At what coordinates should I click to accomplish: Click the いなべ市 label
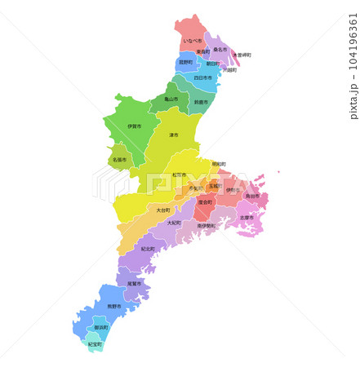pos(192,40)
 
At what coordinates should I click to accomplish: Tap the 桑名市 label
pos(220,49)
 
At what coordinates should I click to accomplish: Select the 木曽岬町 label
pos(242,55)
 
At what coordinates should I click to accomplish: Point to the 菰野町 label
pos(186,62)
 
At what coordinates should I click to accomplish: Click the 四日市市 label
pos(203,78)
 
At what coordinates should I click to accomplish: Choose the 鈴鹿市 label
pos(201,102)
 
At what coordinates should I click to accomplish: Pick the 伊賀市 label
pos(134,126)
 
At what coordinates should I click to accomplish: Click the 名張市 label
pos(119,160)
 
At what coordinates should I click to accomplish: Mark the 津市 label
pos(174,135)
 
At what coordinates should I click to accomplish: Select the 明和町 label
pos(219,164)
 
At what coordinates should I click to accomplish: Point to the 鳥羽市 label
pos(252,196)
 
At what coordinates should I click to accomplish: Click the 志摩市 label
pos(246,218)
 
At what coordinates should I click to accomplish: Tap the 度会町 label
pos(205,201)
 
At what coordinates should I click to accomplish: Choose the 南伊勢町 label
pos(207,226)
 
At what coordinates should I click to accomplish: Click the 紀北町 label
pos(148,248)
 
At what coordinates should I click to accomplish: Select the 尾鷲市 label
pos(134,283)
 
